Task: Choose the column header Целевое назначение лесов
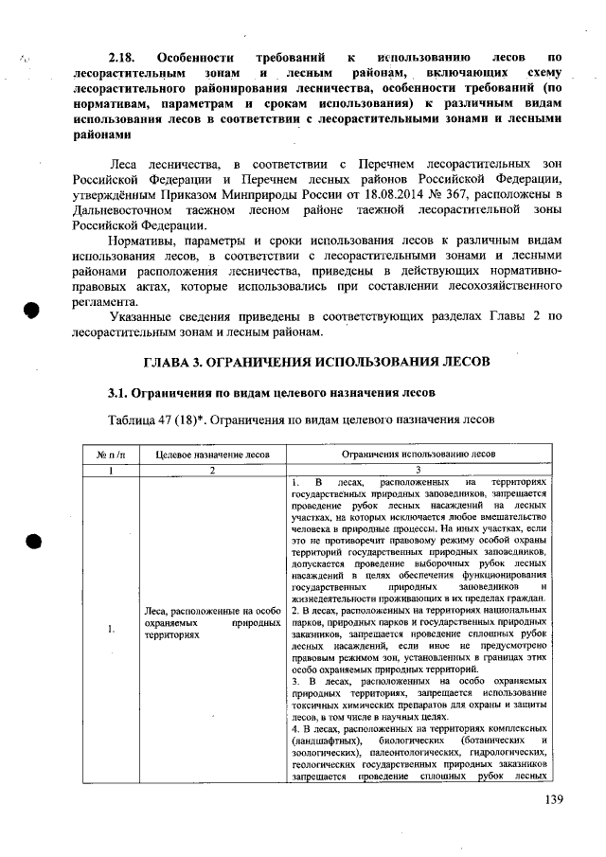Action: point(212,455)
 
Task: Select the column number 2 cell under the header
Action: point(212,470)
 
